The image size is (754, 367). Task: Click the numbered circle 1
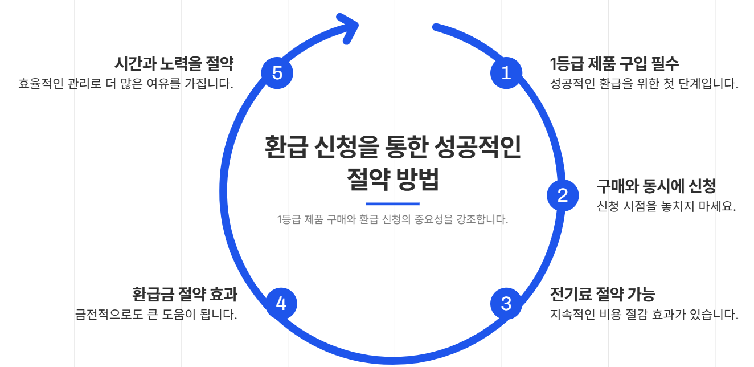[506, 73]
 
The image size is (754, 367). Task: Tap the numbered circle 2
[563, 195]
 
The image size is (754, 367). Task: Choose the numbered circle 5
[277, 73]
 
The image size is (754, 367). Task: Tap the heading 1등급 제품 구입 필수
[614, 63]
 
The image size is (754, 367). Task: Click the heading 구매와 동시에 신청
[656, 186]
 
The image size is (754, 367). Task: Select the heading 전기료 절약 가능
[603, 294]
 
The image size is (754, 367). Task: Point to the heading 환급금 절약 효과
[185, 294]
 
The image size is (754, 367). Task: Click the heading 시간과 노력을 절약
[175, 63]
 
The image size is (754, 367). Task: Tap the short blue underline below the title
[392, 203]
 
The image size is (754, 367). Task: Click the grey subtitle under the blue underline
[392, 219]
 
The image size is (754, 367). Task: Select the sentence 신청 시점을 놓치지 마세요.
[666, 206]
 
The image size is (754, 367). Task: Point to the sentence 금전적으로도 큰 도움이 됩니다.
[156, 315]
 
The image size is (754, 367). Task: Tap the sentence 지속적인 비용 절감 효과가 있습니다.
[644, 315]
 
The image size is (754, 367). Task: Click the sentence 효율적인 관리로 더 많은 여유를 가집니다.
[126, 84]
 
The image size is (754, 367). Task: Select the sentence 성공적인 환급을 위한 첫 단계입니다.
[644, 84]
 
